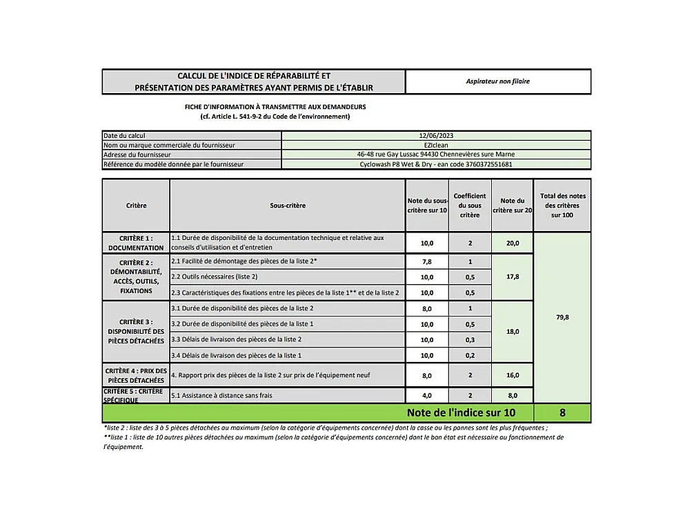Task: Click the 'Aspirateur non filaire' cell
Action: coord(498,81)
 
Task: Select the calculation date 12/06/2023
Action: coord(436,136)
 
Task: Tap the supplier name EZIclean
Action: coord(436,146)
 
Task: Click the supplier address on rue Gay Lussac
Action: coord(436,155)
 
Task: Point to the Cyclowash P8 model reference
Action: coord(436,165)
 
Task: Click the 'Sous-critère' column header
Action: coord(288,206)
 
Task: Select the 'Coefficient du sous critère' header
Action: coord(470,206)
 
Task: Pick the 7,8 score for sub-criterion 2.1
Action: coord(427,262)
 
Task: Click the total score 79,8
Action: coord(562,317)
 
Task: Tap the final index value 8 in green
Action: coord(562,413)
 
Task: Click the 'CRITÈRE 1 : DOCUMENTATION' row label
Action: coord(136,243)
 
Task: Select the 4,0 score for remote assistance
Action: coord(427,396)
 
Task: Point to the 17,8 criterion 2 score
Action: coord(513,277)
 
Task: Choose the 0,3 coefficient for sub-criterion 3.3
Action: coord(470,340)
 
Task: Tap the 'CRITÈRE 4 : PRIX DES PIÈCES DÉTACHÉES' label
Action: coord(136,375)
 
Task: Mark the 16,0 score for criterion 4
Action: coord(513,376)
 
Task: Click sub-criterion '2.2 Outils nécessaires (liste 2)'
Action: coord(215,277)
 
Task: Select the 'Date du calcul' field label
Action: coord(124,136)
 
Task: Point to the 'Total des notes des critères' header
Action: coord(562,206)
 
